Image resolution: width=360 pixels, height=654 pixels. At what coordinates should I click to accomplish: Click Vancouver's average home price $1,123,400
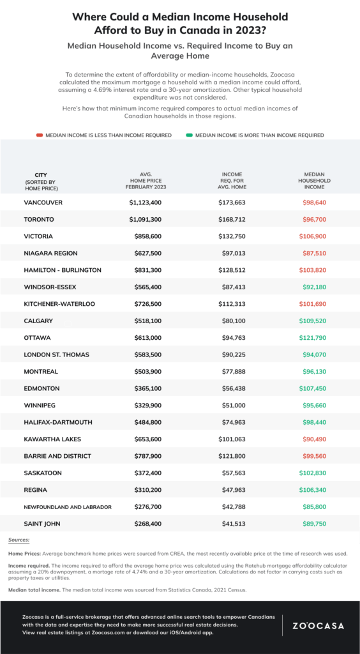pos(145,202)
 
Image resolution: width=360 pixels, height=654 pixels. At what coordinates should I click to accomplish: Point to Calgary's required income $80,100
pos(233,321)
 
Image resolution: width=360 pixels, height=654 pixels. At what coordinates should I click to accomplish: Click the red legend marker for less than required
pos(40,135)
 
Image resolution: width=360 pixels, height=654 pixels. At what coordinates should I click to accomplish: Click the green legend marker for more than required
pos(190,135)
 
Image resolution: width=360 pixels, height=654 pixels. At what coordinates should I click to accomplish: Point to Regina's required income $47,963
pos(233,490)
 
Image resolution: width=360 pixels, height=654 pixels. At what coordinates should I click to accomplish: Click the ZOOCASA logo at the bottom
pos(317,625)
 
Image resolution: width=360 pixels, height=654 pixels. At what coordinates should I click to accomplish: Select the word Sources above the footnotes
pos(23,540)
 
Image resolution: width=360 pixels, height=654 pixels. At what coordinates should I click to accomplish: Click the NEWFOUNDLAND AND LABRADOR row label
pos(68,506)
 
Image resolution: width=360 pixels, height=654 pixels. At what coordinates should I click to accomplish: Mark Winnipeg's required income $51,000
pos(233,405)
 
